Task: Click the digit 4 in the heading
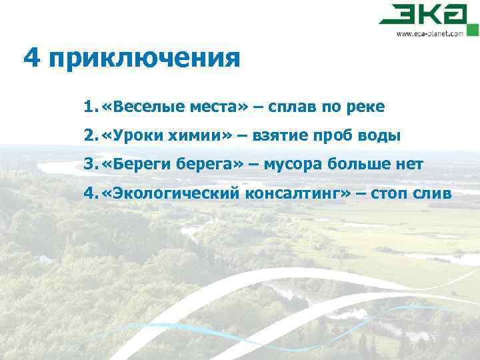[x=31, y=58]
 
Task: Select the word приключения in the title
[x=143, y=59]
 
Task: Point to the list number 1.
[x=89, y=107]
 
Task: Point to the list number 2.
[x=89, y=136]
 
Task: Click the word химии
[x=199, y=136]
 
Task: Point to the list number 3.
[x=89, y=164]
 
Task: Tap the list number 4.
[x=89, y=193]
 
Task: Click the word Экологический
[x=175, y=193]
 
